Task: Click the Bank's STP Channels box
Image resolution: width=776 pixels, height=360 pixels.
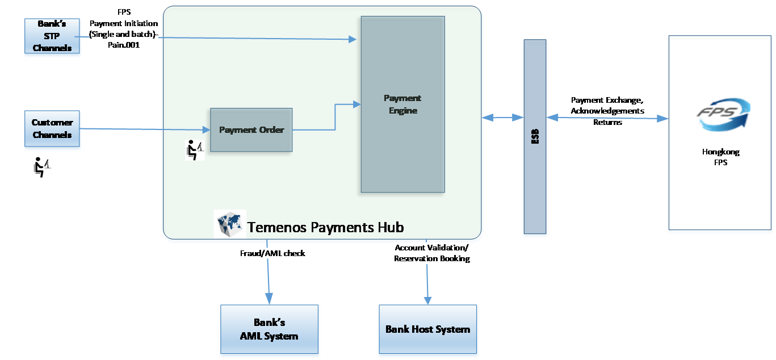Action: [x=52, y=37]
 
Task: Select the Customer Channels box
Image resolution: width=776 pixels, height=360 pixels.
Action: [x=52, y=130]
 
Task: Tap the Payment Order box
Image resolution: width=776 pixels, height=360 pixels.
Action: [x=251, y=130]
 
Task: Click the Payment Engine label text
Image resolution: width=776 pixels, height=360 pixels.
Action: [x=402, y=104]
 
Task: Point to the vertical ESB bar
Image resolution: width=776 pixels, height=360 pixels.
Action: [x=535, y=136]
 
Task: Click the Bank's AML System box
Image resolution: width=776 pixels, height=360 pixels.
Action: [x=270, y=329]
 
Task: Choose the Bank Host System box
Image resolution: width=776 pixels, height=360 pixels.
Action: [x=427, y=329]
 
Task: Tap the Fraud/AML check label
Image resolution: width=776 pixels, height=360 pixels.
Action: [x=272, y=254]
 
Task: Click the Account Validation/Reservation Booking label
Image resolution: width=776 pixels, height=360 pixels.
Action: [x=432, y=253]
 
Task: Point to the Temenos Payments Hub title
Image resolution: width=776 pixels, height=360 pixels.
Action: [x=325, y=228]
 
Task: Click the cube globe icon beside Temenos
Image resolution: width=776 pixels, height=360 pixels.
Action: [x=229, y=224]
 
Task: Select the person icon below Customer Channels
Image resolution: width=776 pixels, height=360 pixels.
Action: [x=41, y=167]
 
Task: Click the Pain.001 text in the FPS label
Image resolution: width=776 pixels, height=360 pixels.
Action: [x=123, y=45]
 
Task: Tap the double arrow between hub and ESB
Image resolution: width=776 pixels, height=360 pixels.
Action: [x=502, y=118]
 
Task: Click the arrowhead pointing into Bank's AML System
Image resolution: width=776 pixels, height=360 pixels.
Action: [x=269, y=299]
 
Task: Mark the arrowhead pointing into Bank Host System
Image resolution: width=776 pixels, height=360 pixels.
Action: [x=427, y=299]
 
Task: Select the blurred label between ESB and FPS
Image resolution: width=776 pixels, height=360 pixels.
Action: [x=607, y=111]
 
